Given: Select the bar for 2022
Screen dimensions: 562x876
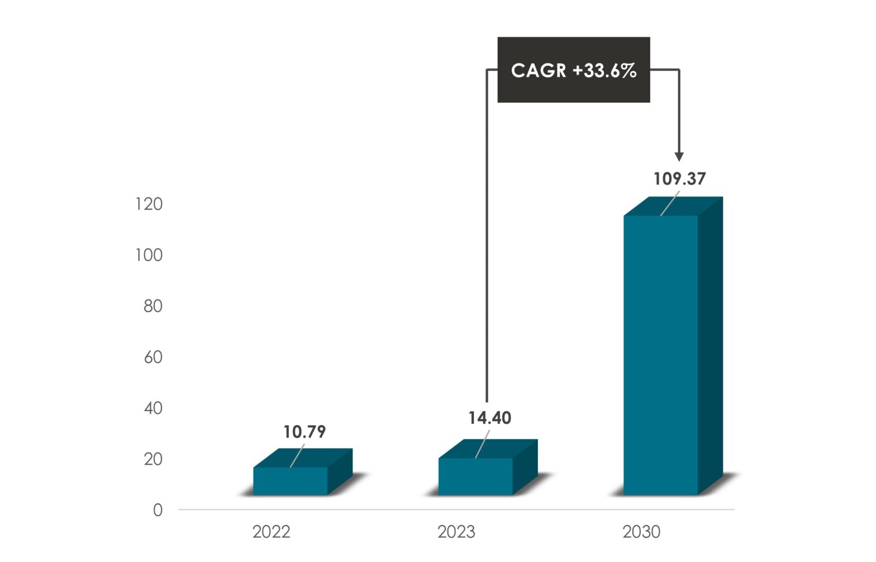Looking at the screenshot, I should [x=291, y=481].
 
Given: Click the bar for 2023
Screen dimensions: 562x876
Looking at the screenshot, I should [x=475, y=476].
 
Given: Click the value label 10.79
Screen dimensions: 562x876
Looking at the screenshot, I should [x=304, y=432].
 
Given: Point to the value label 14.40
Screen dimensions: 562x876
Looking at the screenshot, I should [x=489, y=418].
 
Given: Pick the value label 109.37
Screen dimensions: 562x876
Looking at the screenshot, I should [x=679, y=179].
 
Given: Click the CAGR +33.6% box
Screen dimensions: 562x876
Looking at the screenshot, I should [x=574, y=70].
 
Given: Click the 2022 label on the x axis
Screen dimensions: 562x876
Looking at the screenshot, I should [x=272, y=532].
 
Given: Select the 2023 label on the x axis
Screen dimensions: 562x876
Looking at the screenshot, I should [x=456, y=532].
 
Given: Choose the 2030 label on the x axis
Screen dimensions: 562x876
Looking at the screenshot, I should [x=641, y=532].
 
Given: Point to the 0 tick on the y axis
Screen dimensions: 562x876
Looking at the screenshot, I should [x=158, y=510].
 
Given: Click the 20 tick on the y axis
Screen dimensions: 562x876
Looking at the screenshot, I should [x=153, y=459].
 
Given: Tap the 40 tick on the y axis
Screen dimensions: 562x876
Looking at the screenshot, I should [x=153, y=408].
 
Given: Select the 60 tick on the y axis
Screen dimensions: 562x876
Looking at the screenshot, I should [x=153, y=357].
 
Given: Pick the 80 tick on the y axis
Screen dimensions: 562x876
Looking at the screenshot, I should [x=153, y=306].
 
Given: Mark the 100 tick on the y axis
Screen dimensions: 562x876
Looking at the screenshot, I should [x=149, y=255].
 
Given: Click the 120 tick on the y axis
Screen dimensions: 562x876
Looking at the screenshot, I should [x=149, y=204].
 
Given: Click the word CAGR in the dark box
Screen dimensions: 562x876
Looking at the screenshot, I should [x=539, y=70].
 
